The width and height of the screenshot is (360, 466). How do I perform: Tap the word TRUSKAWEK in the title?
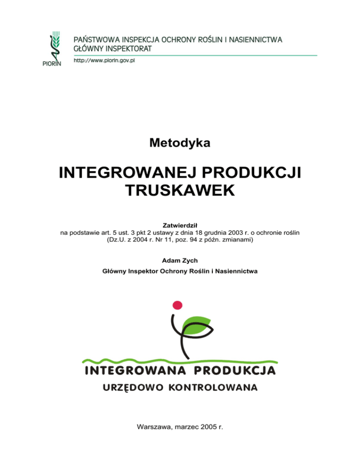coord(180,191)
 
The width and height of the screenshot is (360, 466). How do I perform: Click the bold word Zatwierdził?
coord(180,225)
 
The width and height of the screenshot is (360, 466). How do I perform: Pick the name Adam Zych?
coord(180,260)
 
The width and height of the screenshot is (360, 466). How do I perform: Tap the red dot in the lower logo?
coord(177,305)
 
